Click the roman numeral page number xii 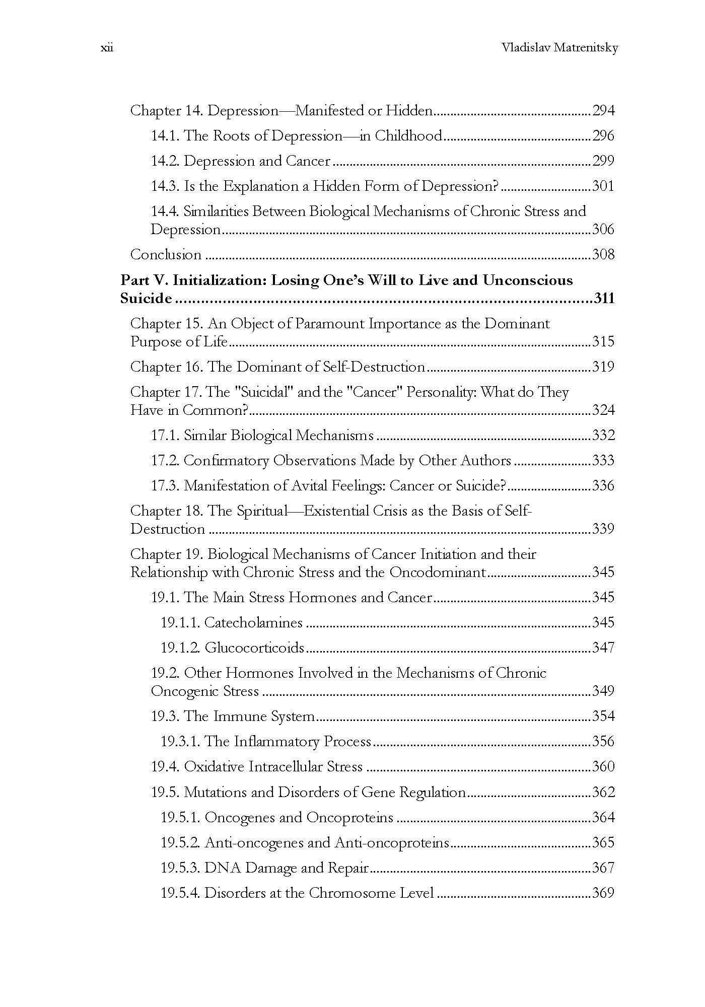point(107,48)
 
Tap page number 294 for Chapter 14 point(603,111)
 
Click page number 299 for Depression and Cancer point(603,161)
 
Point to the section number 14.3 point(165,186)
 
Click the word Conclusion point(166,255)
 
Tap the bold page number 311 point(604,299)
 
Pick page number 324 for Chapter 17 point(603,410)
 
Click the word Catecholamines point(253,623)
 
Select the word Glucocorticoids point(254,648)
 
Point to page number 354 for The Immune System point(603,716)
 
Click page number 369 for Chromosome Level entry point(603,893)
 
